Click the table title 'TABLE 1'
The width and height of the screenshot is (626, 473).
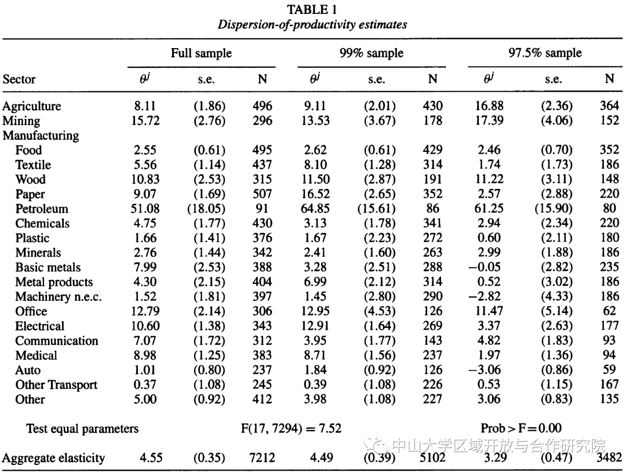pos(312,9)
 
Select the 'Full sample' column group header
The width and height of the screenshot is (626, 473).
pos(201,53)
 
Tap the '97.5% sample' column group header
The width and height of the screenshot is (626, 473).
pos(545,53)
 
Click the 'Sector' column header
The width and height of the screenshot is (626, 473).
pos(19,79)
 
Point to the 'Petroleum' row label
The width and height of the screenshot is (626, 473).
pos(41,209)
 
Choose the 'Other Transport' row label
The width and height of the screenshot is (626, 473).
pos(56,385)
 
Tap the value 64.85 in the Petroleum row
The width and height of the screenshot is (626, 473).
pos(314,209)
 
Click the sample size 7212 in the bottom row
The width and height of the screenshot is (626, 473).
pos(262,459)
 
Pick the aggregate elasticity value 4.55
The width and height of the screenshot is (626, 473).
pos(151,459)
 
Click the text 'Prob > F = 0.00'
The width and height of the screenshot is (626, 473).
pos(521,428)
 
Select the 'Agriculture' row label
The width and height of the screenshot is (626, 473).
pos(31,106)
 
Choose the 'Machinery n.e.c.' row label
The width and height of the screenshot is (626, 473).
pos(59,297)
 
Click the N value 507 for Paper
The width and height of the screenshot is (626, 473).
pos(262,194)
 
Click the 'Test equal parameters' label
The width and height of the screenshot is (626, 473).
pos(82,429)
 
